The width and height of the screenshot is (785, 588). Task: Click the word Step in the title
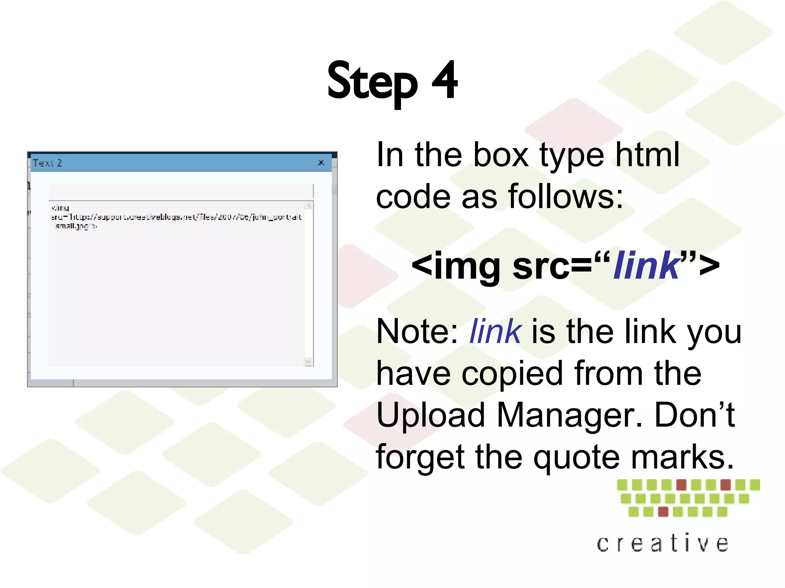[372, 82]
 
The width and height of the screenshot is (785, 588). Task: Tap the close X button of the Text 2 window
[321, 163]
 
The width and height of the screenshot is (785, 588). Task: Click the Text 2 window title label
[48, 163]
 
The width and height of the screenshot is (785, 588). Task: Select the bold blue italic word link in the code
[647, 265]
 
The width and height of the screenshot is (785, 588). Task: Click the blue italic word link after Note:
[495, 332]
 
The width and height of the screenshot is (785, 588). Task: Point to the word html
[647, 155]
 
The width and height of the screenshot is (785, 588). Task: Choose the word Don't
[694, 415]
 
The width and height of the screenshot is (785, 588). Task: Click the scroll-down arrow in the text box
[308, 362]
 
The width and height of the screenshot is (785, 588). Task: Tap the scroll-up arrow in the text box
[308, 206]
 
